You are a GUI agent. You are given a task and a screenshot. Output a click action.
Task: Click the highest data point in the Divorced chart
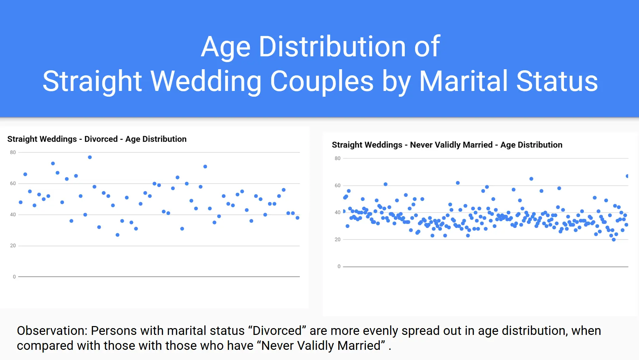(90, 157)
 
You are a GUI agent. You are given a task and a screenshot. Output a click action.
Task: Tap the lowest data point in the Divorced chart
(117, 235)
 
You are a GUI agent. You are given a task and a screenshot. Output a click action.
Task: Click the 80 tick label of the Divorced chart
(13, 152)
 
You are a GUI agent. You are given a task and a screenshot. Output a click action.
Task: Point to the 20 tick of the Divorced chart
(13, 246)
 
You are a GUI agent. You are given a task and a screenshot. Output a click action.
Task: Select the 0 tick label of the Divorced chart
(14, 277)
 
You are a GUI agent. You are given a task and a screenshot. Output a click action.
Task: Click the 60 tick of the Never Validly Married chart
(337, 186)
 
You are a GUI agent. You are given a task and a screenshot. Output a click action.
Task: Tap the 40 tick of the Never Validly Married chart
(337, 212)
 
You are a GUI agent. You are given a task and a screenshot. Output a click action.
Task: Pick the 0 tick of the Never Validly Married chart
(339, 267)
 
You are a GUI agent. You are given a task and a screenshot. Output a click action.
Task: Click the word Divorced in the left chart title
(101, 139)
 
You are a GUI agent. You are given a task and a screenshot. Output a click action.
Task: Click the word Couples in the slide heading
(322, 81)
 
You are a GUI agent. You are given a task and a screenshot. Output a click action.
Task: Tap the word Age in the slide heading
(226, 47)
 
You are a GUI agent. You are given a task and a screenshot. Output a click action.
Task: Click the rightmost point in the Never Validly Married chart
(627, 176)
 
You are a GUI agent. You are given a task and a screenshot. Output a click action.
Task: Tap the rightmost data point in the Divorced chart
(298, 218)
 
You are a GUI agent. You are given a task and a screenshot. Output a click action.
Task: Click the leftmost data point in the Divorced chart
(21, 202)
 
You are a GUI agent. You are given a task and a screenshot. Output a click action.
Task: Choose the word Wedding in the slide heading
(206, 82)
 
